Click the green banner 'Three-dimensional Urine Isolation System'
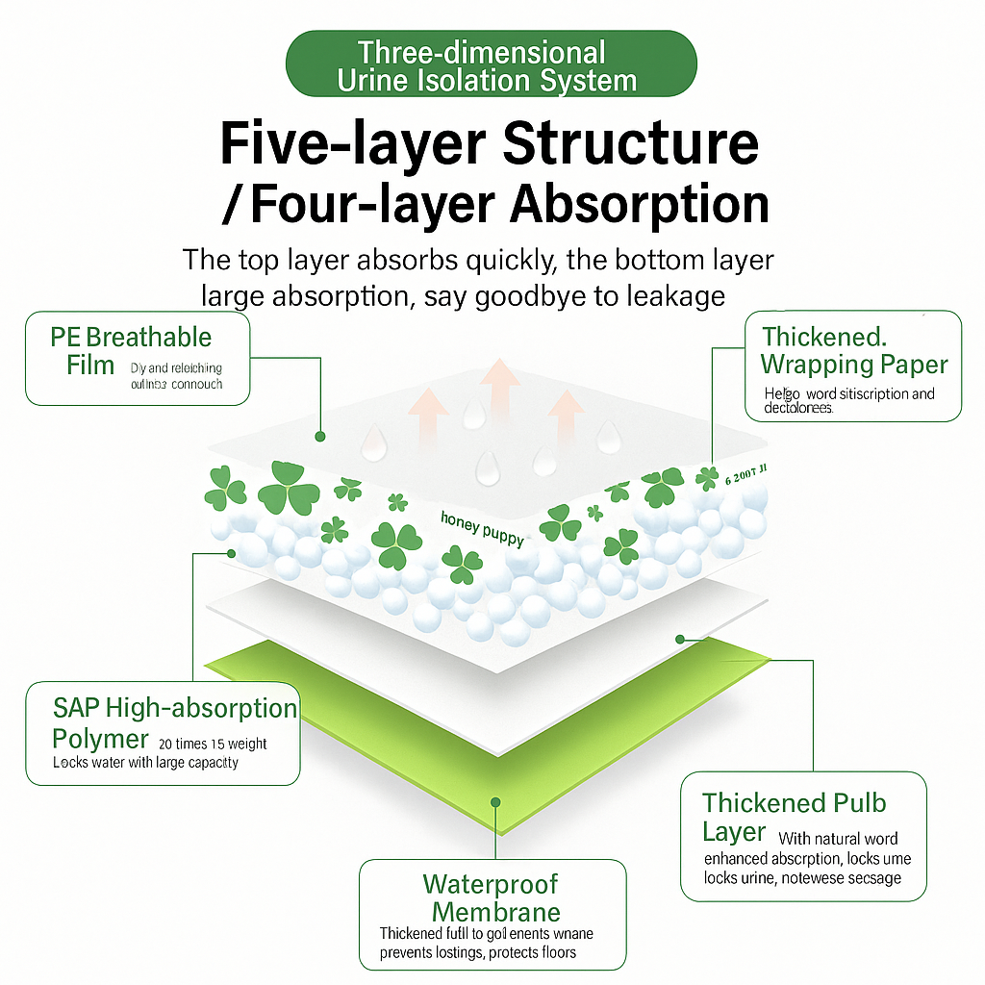pos(491,64)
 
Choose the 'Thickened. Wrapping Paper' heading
pos(854,351)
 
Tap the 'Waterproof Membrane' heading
pos(492,897)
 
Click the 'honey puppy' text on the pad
pos(483,528)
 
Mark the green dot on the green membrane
pos(495,800)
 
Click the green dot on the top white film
pos(320,436)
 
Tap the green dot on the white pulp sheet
pos(680,638)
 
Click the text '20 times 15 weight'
pos(213,744)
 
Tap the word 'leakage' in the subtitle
pos(678,295)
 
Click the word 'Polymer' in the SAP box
pos(101,739)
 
